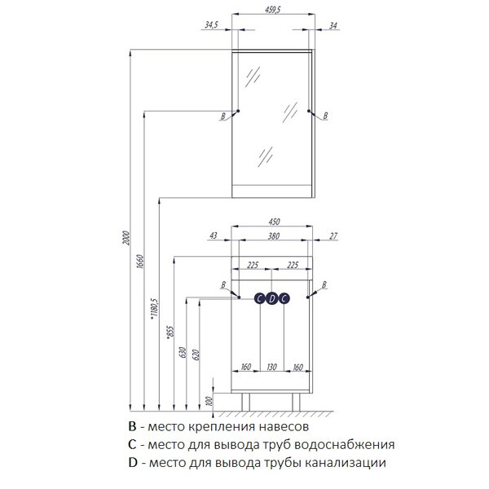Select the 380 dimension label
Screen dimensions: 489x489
[x=274, y=238]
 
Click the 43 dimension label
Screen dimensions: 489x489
[x=214, y=236]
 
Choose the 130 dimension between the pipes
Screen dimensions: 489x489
[x=271, y=367]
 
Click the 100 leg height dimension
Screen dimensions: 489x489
[x=208, y=401]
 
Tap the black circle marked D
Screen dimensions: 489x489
[x=272, y=298]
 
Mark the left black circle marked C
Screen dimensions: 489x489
[x=260, y=298]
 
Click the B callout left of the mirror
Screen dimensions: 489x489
[x=222, y=117]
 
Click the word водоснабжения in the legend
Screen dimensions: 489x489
[x=350, y=445]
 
